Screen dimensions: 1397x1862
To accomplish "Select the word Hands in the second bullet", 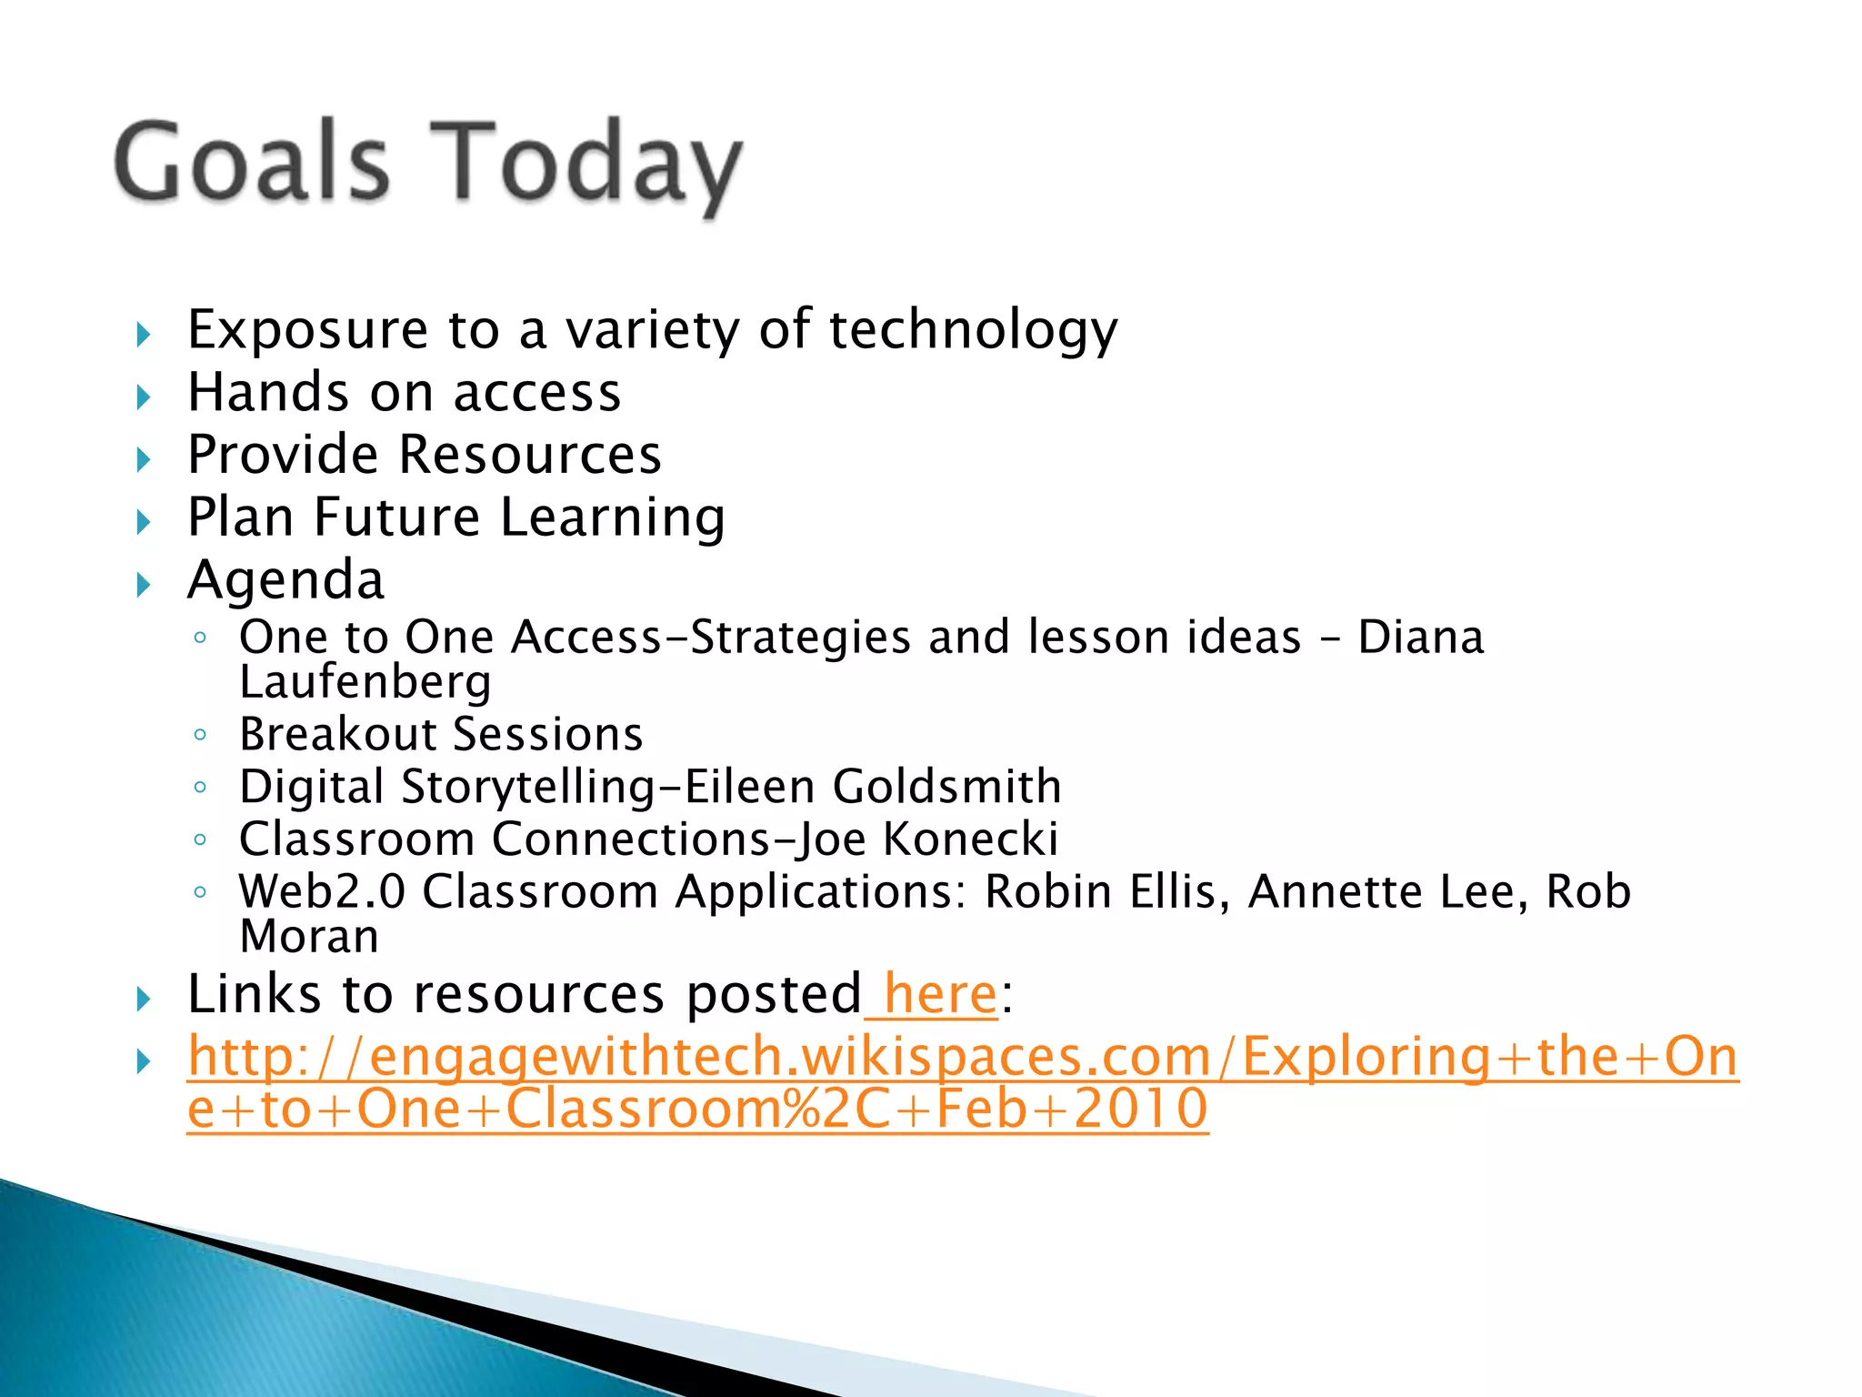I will pos(267,392).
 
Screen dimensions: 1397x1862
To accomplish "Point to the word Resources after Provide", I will pos(530,454).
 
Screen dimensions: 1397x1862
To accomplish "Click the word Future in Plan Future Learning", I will pos(396,517).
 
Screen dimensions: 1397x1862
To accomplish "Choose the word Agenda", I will pos(285,580).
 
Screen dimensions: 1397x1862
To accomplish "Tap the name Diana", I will pos(1420,637).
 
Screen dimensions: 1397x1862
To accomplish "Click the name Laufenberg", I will pos(365,682).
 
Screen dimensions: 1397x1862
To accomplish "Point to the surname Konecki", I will pos(970,839).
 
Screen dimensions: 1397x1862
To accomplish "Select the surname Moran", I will pos(309,937).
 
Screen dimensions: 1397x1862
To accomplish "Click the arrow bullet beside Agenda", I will pos(143,585).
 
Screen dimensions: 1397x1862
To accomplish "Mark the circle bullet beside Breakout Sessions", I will pos(200,734).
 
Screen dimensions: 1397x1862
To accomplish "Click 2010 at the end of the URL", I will pos(1140,1109).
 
